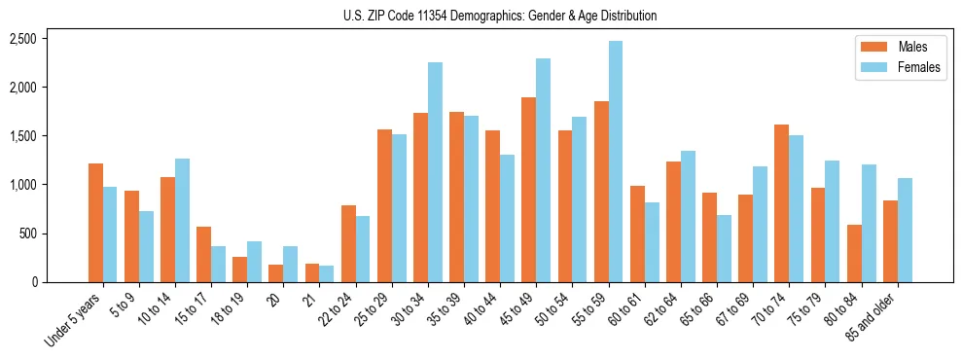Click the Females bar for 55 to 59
click(x=616, y=162)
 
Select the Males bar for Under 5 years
click(x=95, y=223)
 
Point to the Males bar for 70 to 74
click(x=781, y=203)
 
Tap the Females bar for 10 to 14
click(x=183, y=220)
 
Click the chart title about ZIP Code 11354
click(x=500, y=16)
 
